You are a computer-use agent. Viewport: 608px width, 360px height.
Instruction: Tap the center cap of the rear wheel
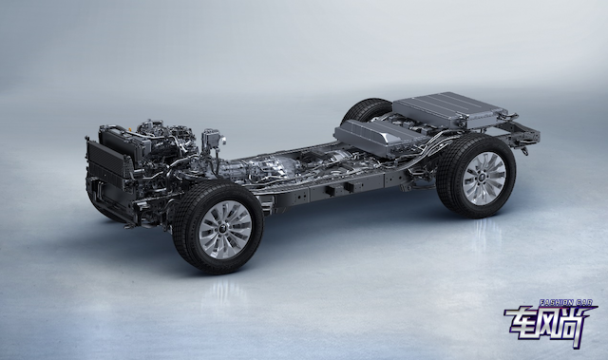click(x=484, y=178)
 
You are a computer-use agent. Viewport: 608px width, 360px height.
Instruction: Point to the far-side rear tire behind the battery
click(x=367, y=109)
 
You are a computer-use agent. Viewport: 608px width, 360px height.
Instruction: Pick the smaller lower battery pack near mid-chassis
click(x=374, y=137)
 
